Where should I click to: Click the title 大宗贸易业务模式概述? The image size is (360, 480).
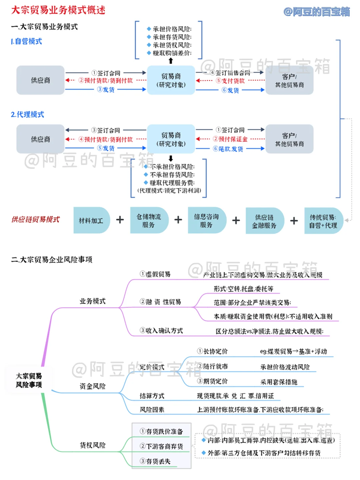point(58,10)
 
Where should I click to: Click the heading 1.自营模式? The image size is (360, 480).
point(27,41)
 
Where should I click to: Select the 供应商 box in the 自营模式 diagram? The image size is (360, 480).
point(40,80)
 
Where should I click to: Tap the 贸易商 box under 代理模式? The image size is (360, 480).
point(171,139)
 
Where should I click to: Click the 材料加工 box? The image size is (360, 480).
point(91,220)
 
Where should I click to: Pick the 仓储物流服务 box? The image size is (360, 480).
point(149,220)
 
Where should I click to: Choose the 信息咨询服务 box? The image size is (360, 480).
point(206,220)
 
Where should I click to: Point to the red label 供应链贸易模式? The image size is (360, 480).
point(35,219)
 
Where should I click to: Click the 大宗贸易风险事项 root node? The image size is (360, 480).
point(29,380)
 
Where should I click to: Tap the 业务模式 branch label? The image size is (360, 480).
point(92,301)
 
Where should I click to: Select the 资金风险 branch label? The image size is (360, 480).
point(92,386)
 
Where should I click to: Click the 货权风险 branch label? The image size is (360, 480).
point(92,445)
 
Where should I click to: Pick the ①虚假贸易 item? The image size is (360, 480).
point(155,274)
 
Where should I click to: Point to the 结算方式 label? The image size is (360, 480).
point(152,396)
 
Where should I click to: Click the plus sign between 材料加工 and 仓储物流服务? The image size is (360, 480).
point(120,220)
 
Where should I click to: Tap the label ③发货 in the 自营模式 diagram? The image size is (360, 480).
point(106,90)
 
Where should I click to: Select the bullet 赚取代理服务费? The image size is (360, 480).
point(172,183)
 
